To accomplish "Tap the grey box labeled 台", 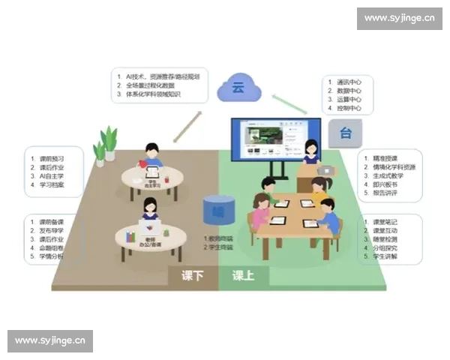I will tap(346, 133).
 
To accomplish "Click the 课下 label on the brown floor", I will tap(193, 275).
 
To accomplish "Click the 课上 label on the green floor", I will tap(242, 275).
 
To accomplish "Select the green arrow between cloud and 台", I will tap(289, 104).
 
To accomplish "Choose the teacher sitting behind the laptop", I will tap(149, 211).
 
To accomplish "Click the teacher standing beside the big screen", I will tap(310, 154).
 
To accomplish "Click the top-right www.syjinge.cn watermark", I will tap(398, 17).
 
